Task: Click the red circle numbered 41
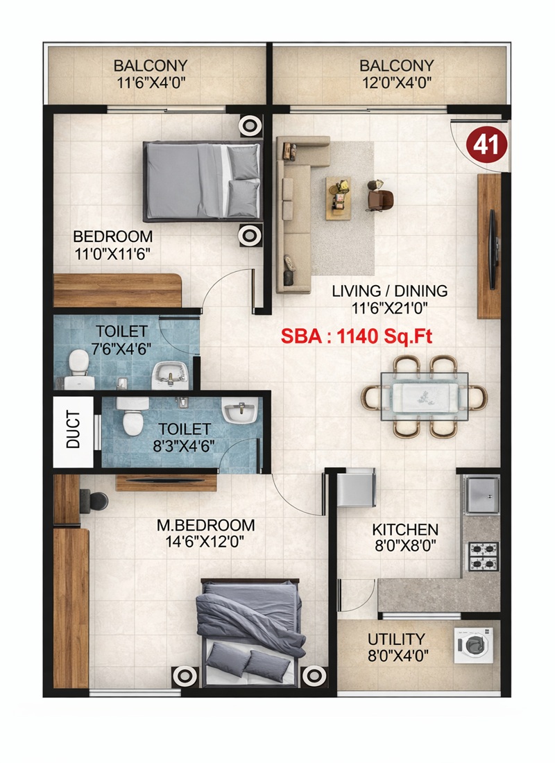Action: [488, 144]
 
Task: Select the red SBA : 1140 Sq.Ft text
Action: [357, 336]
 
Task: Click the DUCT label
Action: [74, 430]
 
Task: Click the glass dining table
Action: [424, 396]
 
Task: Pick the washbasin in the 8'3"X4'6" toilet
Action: [239, 413]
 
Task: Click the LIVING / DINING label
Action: [389, 291]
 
